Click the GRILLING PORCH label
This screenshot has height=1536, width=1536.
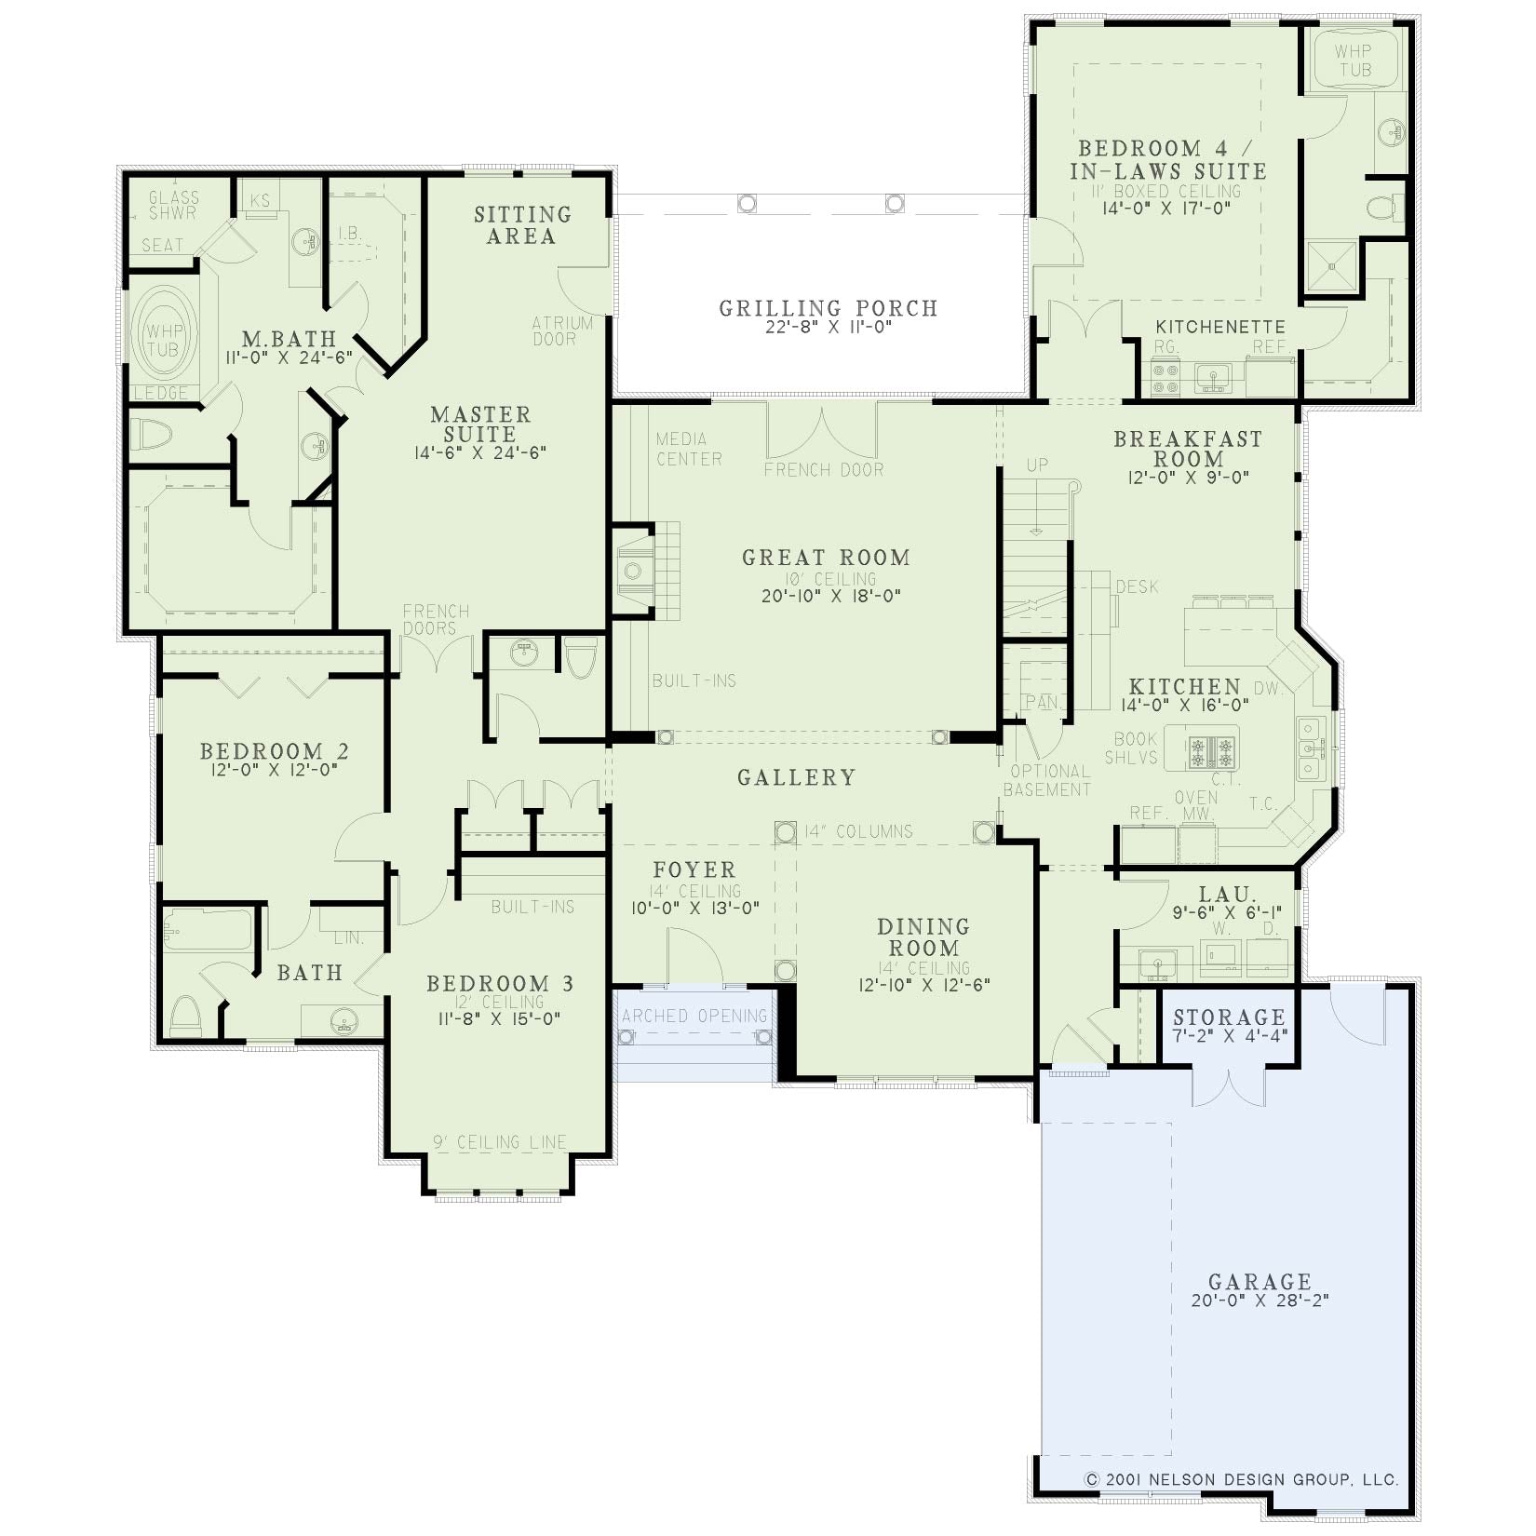[x=829, y=308]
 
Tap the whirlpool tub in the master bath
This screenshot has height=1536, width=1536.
[x=164, y=332]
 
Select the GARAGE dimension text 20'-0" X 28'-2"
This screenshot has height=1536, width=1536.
[x=1260, y=1300]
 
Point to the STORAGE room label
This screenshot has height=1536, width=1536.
[x=1229, y=1017]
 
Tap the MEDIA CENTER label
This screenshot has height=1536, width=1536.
[x=689, y=449]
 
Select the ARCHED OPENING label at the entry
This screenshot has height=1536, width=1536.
[x=694, y=1016]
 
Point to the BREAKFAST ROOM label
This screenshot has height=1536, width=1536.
[x=1189, y=449]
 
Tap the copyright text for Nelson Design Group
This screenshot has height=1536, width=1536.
[x=1242, y=1479]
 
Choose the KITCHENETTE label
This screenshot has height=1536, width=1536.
[x=1220, y=328]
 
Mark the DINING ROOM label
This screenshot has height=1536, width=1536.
[x=923, y=937]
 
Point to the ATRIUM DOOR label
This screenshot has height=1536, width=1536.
[x=562, y=330]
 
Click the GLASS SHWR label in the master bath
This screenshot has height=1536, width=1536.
[x=174, y=205]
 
